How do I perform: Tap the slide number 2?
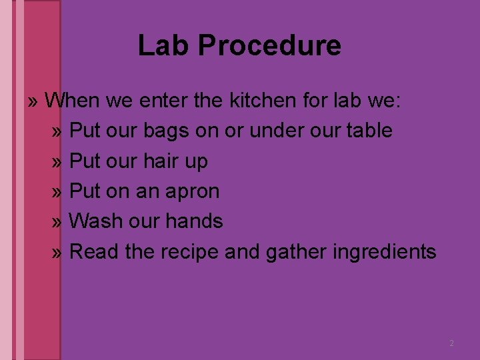451,343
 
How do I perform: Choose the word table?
369,131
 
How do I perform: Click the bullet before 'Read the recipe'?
58,253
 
